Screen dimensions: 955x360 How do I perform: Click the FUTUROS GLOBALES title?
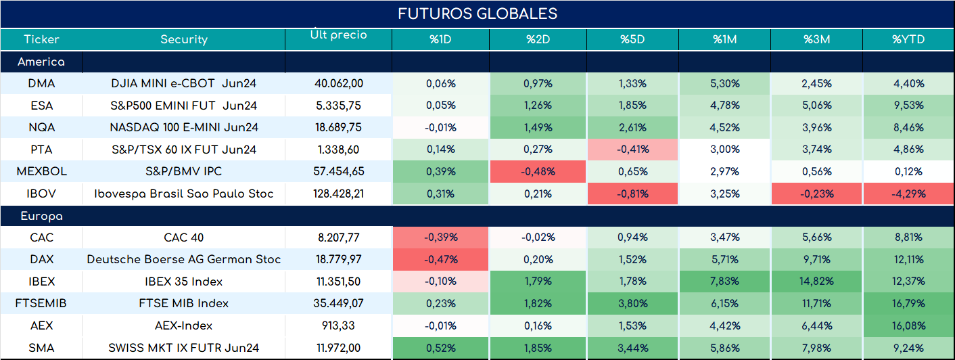tap(477, 14)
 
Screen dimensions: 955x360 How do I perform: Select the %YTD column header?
tap(908, 39)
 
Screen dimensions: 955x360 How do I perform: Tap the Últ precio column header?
tap(339, 35)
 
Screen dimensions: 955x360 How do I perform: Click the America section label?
tap(41, 62)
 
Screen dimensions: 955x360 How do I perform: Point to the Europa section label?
tap(42, 217)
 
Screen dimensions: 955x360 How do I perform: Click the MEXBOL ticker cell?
tap(42, 171)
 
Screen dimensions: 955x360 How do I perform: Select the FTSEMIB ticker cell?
tap(41, 303)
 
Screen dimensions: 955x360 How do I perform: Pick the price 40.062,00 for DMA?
tap(339, 84)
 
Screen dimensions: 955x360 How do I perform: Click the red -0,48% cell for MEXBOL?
tap(538, 171)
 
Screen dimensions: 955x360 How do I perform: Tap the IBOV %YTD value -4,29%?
tap(908, 194)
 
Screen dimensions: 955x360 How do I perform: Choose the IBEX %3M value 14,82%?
tap(816, 281)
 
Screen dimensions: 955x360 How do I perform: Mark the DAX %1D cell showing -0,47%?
tap(441, 259)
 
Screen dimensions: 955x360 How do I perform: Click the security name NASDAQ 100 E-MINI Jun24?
tap(184, 127)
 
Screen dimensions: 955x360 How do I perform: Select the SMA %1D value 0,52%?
tap(441, 348)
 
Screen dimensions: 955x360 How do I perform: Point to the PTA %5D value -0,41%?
tap(632, 150)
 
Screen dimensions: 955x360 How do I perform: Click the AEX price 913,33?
tap(339, 326)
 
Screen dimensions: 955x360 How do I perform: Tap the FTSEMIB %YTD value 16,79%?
tap(908, 303)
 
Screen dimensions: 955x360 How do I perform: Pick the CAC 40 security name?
tap(184, 238)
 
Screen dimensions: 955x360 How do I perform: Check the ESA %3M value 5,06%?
tap(817, 106)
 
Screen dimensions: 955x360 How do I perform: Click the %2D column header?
tap(538, 39)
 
